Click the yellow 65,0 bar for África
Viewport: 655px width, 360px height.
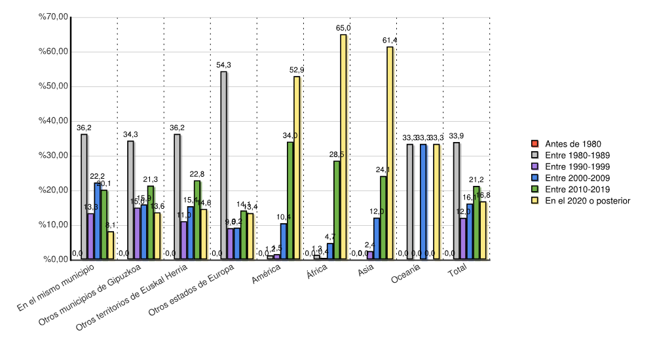[x=343, y=147]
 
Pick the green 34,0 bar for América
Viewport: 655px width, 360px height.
[x=290, y=200]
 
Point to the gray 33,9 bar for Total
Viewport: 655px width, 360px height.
[x=457, y=200]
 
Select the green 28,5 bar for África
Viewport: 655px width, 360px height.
[x=337, y=209]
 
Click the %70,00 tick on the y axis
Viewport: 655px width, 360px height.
[x=54, y=17]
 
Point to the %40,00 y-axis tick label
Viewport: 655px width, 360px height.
[x=54, y=121]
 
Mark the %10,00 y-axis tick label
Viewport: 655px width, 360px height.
[x=54, y=225]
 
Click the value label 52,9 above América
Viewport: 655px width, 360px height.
[x=297, y=70]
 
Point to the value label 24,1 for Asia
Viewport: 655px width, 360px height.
[x=383, y=170]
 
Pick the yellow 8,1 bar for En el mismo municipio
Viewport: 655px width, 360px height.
[x=111, y=245]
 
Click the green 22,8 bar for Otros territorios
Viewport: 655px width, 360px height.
[x=197, y=219]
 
